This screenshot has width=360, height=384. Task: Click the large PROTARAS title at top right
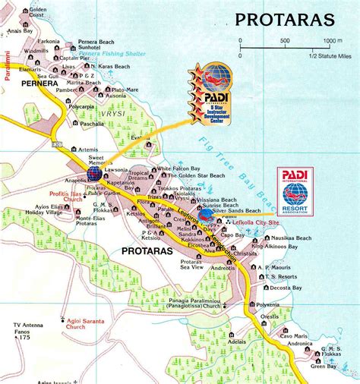[286, 18]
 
